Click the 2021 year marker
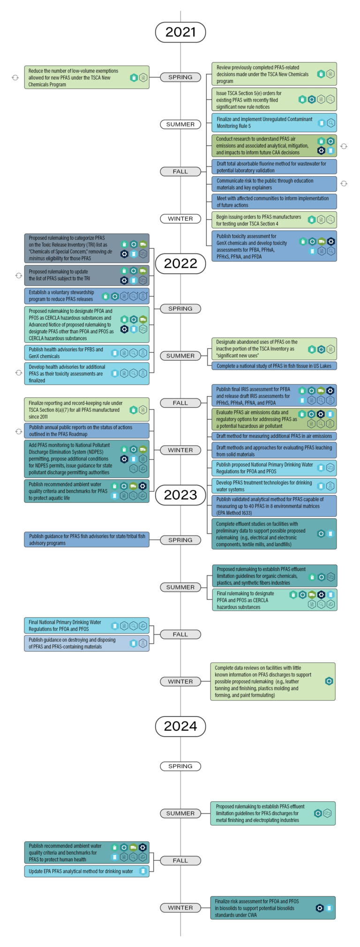tap(180, 32)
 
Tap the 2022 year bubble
tap(180, 263)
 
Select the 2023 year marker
tap(180, 495)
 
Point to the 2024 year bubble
tap(180, 726)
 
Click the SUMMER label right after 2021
tap(180, 124)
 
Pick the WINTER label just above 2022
tap(180, 219)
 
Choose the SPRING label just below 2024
tap(180, 766)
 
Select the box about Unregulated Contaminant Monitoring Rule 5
tap(274, 123)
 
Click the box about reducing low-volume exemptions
tap(87, 78)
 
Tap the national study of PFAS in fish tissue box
tap(274, 366)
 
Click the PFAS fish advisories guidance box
tap(87, 539)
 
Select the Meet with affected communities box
tap(274, 201)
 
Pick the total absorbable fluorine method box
tap(274, 167)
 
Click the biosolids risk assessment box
tap(273, 908)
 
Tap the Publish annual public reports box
tap(87, 431)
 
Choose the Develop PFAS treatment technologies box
tap(274, 486)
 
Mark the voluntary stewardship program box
tap(87, 296)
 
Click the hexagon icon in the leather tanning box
tap(329, 681)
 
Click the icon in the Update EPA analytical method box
tap(143, 871)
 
